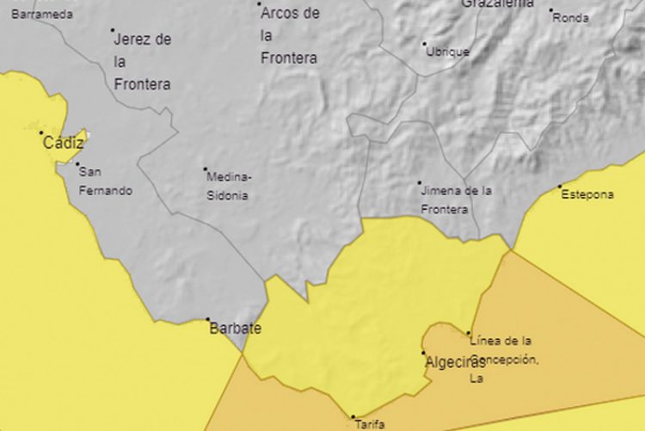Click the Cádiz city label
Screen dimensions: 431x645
64,144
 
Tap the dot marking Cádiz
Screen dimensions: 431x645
40,132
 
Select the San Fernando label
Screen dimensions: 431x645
105,181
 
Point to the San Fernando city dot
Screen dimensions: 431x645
77,164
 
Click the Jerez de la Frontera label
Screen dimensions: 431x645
142,62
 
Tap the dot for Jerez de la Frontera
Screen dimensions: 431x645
113,30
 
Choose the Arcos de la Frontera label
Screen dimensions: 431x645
289,35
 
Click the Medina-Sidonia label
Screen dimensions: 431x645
228,186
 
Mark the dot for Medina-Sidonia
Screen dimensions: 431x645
205,169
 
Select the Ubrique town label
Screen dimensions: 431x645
448,52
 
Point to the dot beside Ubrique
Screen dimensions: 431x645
424,43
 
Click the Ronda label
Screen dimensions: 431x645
570,18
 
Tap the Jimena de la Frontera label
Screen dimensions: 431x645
455,200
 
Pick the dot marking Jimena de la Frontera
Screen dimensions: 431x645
420,182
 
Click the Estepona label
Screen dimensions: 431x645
587,194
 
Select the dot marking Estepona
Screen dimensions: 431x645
560,186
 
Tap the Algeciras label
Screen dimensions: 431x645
455,362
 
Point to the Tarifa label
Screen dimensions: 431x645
369,424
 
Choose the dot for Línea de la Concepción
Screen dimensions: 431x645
469,333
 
